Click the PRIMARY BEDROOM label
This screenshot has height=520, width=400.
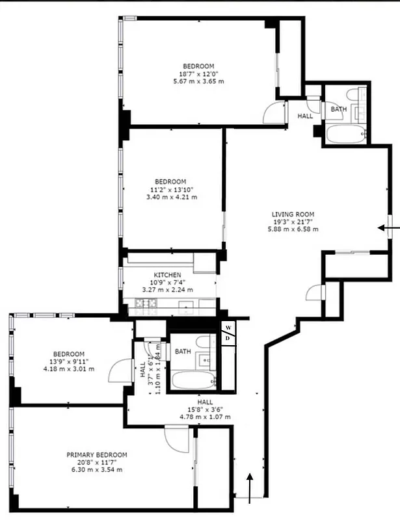tap(97, 455)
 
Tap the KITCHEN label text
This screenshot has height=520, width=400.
tap(168, 275)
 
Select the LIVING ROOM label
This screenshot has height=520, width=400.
tap(293, 214)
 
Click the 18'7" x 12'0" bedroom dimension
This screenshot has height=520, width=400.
tap(198, 73)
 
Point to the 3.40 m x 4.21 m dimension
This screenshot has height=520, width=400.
tap(170, 197)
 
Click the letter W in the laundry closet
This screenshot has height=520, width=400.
tap(228, 327)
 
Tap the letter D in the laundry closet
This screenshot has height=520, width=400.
tap(228, 338)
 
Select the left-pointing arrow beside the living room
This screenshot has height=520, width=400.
tap(389, 227)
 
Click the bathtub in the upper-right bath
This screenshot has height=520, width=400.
tap(345, 135)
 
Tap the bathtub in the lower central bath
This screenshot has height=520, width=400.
tap(193, 380)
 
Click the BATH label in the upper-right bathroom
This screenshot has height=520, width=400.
tap(339, 109)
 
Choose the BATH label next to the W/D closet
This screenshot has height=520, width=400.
tap(183, 352)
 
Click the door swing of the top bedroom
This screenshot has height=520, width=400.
tap(274, 113)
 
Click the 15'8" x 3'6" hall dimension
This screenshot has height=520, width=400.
tap(206, 409)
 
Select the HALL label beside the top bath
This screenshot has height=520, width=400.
tap(306, 116)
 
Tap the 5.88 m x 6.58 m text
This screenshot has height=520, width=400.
tap(293, 229)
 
